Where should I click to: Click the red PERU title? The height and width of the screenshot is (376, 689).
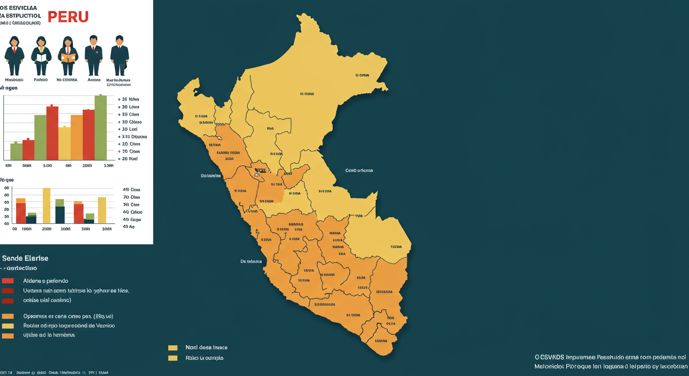point(68,16)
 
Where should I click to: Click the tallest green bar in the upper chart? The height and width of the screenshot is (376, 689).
point(100,127)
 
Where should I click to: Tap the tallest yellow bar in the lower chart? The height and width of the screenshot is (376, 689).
point(46,206)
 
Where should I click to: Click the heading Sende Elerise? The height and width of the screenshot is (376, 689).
point(25,258)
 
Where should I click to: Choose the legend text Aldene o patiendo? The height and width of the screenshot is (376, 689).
point(46,281)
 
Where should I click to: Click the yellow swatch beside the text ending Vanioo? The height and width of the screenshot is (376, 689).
point(8,326)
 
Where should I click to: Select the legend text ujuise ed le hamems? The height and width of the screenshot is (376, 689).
point(49,335)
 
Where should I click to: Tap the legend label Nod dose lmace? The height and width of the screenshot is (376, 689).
point(207,348)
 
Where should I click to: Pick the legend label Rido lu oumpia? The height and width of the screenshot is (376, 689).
point(205,358)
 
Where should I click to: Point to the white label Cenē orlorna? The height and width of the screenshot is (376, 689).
point(359,170)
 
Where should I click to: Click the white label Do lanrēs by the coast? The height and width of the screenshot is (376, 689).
point(211,175)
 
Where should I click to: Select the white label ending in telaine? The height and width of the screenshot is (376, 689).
point(251,261)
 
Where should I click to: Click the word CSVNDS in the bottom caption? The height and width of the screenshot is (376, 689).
point(552,357)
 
